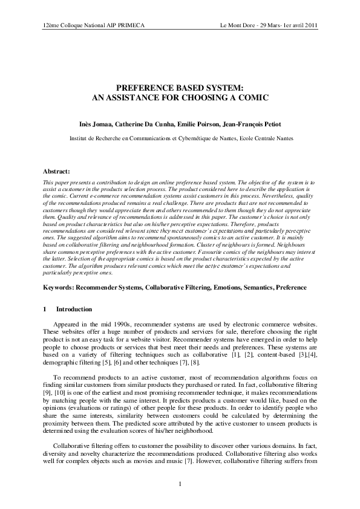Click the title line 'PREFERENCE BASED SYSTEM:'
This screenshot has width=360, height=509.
tap(180, 87)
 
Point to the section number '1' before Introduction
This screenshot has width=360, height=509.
tap(45, 310)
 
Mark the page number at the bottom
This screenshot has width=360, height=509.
tap(180, 484)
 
